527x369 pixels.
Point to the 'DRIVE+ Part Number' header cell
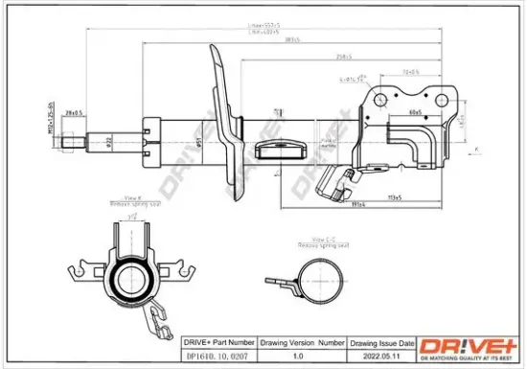pyautogui.click(x=217, y=341)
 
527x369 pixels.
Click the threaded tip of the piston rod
pyautogui.click(x=72, y=145)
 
